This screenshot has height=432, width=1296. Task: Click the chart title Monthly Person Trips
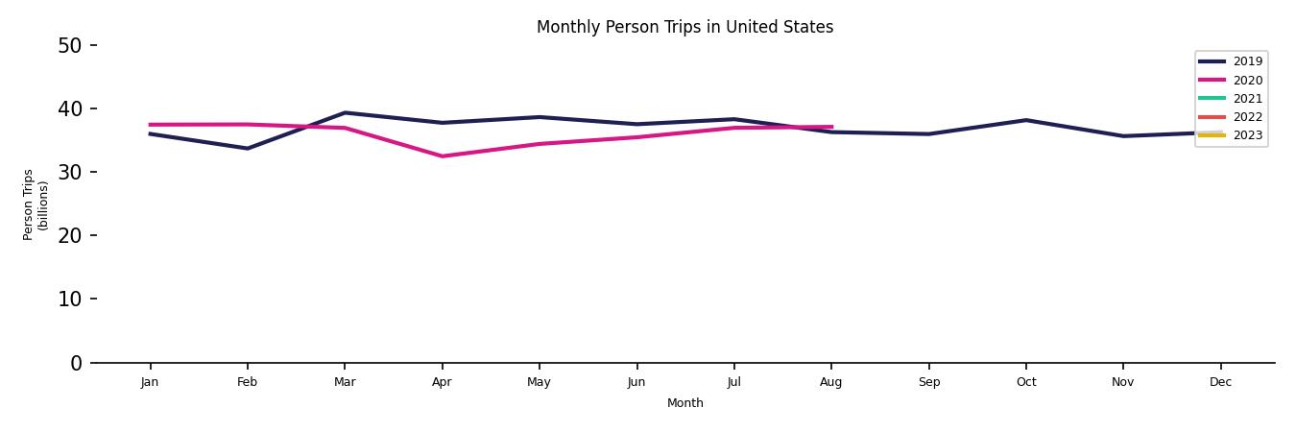[684, 27]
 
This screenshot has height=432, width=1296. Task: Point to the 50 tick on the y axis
[70, 45]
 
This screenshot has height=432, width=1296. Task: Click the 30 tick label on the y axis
[70, 172]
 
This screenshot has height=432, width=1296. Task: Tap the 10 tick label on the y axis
[70, 299]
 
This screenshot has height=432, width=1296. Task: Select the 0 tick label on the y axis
[76, 363]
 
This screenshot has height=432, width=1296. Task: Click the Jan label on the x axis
[150, 382]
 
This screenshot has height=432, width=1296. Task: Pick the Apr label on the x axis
[442, 382]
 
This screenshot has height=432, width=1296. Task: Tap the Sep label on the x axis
[928, 382]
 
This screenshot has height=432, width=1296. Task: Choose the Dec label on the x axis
[1220, 382]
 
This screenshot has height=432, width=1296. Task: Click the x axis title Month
[685, 403]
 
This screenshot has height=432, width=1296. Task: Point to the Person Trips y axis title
[36, 204]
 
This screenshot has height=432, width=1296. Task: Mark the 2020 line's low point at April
[442, 156]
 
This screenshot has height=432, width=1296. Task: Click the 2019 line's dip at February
[247, 149]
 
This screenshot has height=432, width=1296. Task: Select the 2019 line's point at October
[1025, 120]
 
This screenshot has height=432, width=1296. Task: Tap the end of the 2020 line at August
[831, 127]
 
